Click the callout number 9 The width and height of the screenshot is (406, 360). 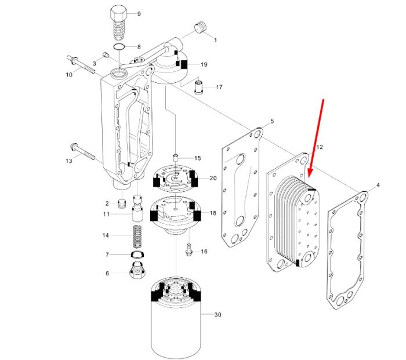coord(139,14)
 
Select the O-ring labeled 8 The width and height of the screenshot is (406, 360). coord(119,47)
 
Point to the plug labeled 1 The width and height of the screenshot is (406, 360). coord(201,28)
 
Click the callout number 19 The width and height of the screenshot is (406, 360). coord(204,64)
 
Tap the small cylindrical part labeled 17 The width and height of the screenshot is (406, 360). coord(199,88)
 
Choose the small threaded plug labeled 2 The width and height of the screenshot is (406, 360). coord(122,203)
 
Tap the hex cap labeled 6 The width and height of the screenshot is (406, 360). coord(137,270)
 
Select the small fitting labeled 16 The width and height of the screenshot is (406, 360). coord(188,250)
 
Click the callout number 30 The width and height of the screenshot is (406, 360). coord(217,314)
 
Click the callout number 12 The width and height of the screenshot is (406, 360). coord(320,147)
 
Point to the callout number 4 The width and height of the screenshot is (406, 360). coord(378,185)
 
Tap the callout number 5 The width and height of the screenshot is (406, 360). coord(272,121)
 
